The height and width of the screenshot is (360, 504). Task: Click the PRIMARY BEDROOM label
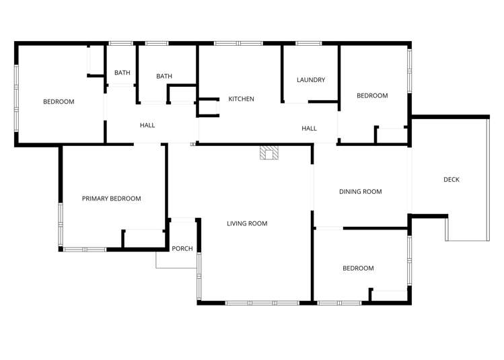[x=111, y=199]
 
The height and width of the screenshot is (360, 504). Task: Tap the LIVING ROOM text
[x=247, y=223]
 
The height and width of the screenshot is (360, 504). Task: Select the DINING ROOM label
[x=360, y=192]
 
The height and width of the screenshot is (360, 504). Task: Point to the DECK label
[x=452, y=180]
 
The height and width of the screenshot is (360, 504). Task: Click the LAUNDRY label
[x=311, y=80]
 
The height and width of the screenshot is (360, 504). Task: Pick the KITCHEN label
[x=241, y=99]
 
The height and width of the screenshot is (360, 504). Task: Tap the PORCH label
[x=182, y=248]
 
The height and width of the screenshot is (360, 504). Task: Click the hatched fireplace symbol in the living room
[x=269, y=153]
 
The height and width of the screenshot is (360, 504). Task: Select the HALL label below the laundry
[x=309, y=129]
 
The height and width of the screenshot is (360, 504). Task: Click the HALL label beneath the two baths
[x=147, y=125]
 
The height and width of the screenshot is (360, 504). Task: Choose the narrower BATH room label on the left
[x=122, y=73]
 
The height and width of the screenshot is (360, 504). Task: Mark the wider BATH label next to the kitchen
[x=164, y=76]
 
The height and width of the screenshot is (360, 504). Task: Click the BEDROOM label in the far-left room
[x=59, y=102]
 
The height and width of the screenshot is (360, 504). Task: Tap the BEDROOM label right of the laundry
[x=372, y=96]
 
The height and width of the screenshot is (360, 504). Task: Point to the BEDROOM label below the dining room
[x=358, y=268]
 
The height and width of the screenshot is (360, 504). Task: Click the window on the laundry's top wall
[x=309, y=44]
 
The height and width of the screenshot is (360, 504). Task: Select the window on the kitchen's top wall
[x=238, y=44]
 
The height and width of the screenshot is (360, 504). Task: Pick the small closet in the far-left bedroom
[x=96, y=61]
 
